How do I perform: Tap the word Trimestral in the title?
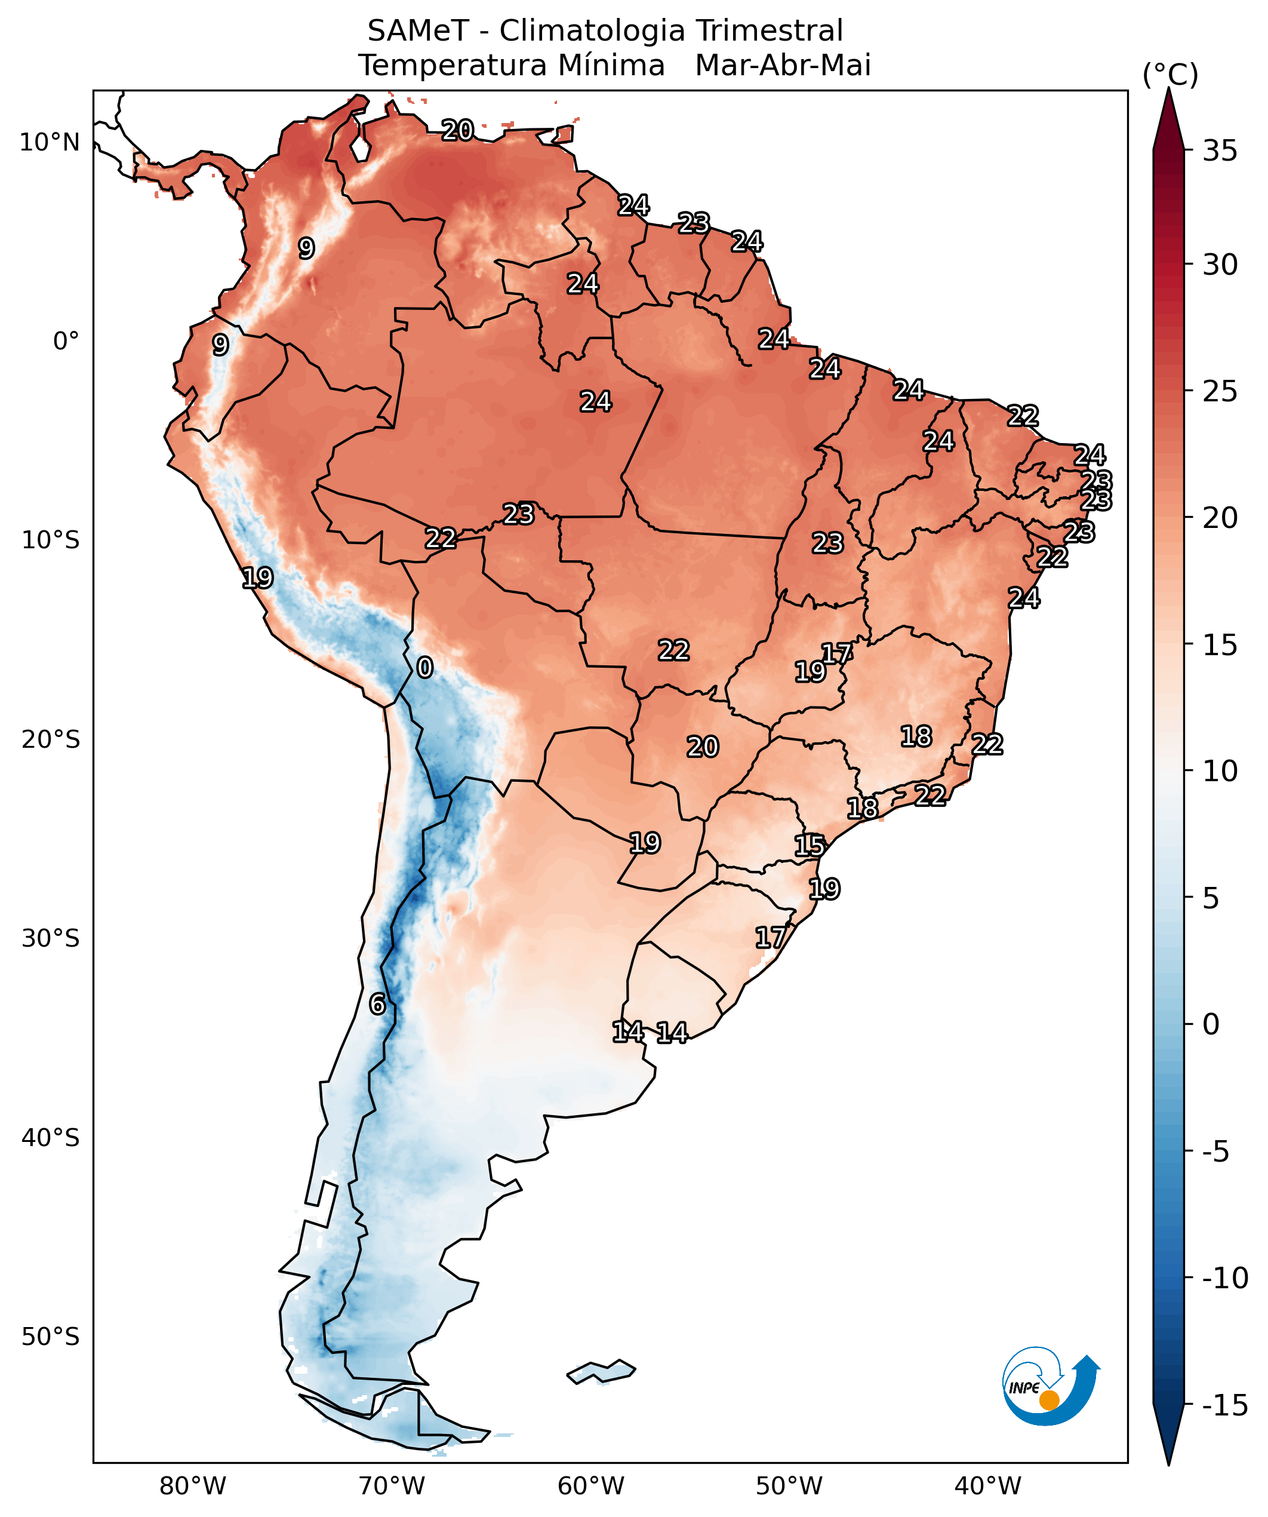coord(769,32)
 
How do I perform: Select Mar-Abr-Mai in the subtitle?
coord(783,66)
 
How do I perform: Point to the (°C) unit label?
coord(1169,75)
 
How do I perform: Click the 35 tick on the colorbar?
coord(1220,152)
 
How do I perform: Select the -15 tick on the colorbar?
coord(1224,1405)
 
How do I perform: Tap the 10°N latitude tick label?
coord(49,142)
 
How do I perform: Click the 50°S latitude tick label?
coord(50,1337)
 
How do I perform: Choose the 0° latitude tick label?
coord(66,341)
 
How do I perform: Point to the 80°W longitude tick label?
coord(193,1486)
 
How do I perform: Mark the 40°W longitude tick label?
coord(988,1486)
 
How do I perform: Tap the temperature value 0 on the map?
coord(424,668)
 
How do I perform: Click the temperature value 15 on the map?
coord(810,845)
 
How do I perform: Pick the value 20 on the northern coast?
coord(457,131)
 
